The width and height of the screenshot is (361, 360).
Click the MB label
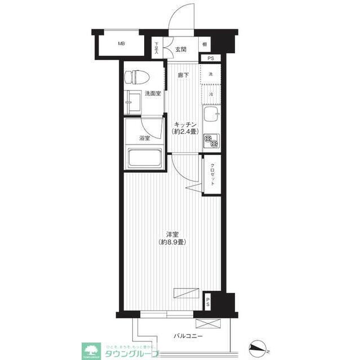pyautogui.click(x=121, y=44)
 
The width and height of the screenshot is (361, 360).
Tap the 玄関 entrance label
pyautogui.click(x=180, y=49)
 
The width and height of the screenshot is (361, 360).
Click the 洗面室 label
pyautogui.click(x=152, y=94)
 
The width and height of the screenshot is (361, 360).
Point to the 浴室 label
pyautogui.click(x=145, y=138)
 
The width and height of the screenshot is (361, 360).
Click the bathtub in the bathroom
pyautogui.click(x=144, y=157)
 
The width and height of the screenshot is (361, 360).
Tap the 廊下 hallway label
pyautogui.click(x=183, y=75)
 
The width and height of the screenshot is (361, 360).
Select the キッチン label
pyautogui.click(x=185, y=124)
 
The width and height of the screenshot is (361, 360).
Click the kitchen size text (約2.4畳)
pyautogui.click(x=185, y=132)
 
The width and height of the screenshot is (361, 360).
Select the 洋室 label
pyautogui.click(x=172, y=234)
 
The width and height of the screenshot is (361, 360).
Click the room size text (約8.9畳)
pyautogui.click(x=172, y=242)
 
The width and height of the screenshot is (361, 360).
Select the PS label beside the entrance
pyautogui.click(x=211, y=58)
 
